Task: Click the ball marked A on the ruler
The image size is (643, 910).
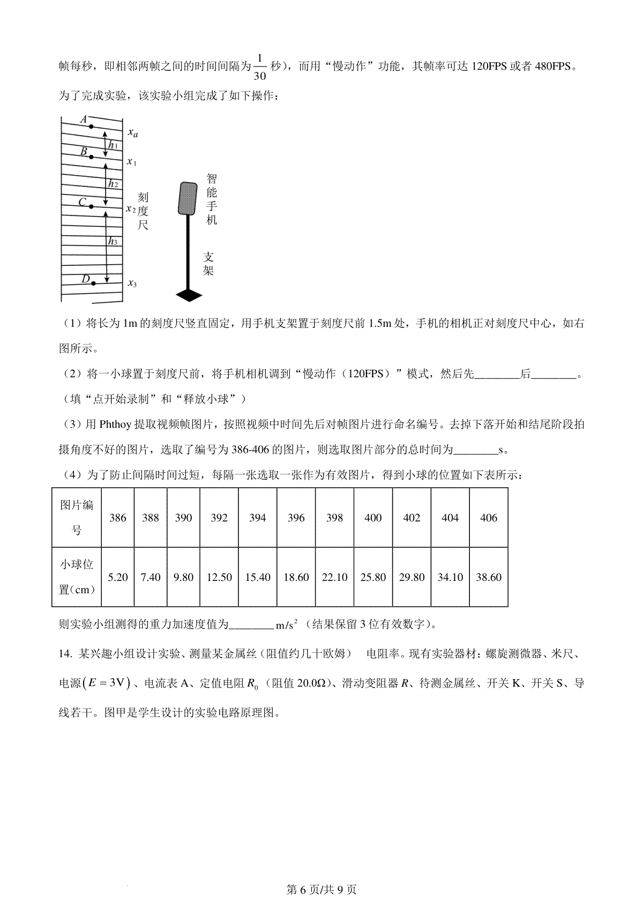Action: (x=91, y=126)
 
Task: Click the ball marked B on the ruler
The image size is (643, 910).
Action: (x=92, y=157)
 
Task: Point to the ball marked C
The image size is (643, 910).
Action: (x=92, y=206)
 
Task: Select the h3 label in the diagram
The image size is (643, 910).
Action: (x=113, y=242)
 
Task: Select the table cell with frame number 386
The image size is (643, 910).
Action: (x=118, y=518)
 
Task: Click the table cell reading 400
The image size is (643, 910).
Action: (x=373, y=518)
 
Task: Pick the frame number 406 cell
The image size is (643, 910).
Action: (x=489, y=518)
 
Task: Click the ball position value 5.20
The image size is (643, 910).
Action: (x=118, y=577)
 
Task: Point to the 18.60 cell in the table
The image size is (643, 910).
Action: (x=296, y=577)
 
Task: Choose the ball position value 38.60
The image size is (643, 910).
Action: (x=489, y=577)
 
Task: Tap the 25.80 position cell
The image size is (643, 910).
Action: (x=373, y=577)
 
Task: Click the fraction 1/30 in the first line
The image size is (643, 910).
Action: (x=260, y=66)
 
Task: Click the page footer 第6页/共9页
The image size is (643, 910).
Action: (x=322, y=890)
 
